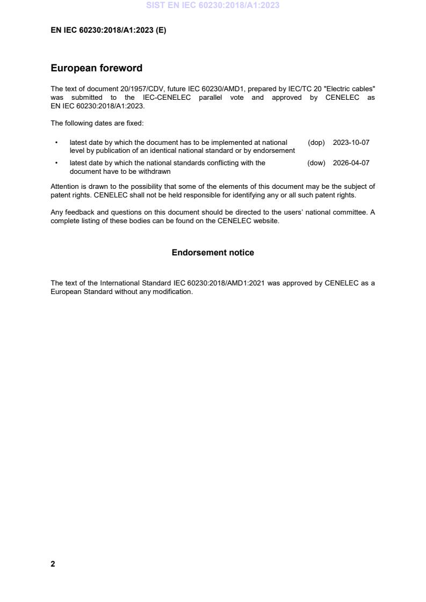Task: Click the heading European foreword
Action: coord(96,68)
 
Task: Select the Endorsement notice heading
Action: coord(213,252)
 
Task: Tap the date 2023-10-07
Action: coord(351,143)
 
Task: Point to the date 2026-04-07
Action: coord(351,163)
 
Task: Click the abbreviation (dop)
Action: coord(316,143)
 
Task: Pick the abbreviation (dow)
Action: coord(316,163)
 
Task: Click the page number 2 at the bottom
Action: coord(53,564)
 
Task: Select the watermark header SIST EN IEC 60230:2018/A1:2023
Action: coord(213,5)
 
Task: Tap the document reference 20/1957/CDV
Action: coord(141,88)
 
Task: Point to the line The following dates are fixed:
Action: coord(97,123)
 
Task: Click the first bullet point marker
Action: coord(56,143)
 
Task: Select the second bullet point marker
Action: coord(56,163)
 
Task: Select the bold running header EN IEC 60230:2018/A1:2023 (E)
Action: coord(108,31)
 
